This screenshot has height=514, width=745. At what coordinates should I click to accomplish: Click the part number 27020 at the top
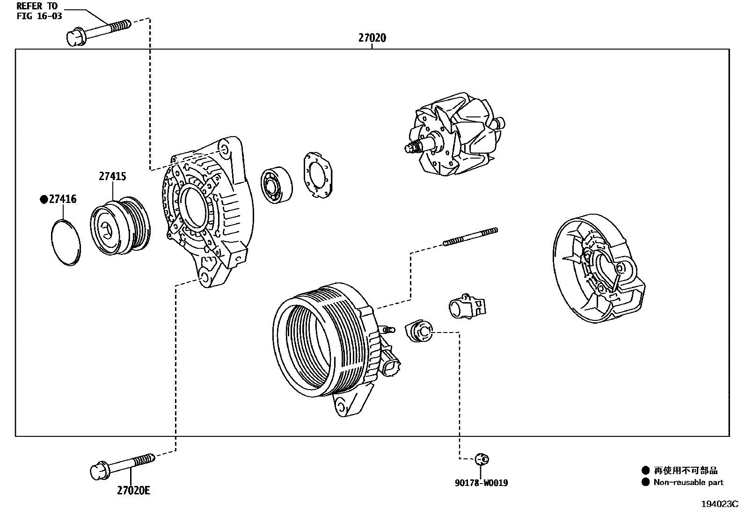point(372,38)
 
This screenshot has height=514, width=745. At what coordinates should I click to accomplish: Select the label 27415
point(112,176)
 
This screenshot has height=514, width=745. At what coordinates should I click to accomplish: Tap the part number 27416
point(63,200)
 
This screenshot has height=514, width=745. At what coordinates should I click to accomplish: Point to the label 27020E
point(133,491)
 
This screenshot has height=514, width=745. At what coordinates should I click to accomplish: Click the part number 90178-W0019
point(481,483)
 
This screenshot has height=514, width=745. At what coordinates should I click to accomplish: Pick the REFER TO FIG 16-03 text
point(39,11)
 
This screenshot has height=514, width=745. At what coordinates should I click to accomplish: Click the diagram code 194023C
point(719,504)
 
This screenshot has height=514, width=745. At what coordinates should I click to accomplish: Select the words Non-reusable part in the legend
point(688,483)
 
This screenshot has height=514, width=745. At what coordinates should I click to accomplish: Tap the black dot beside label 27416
point(44,200)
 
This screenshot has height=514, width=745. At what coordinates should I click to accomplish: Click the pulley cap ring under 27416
point(65,242)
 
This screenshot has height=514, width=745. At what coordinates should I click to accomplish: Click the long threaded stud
point(470,237)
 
